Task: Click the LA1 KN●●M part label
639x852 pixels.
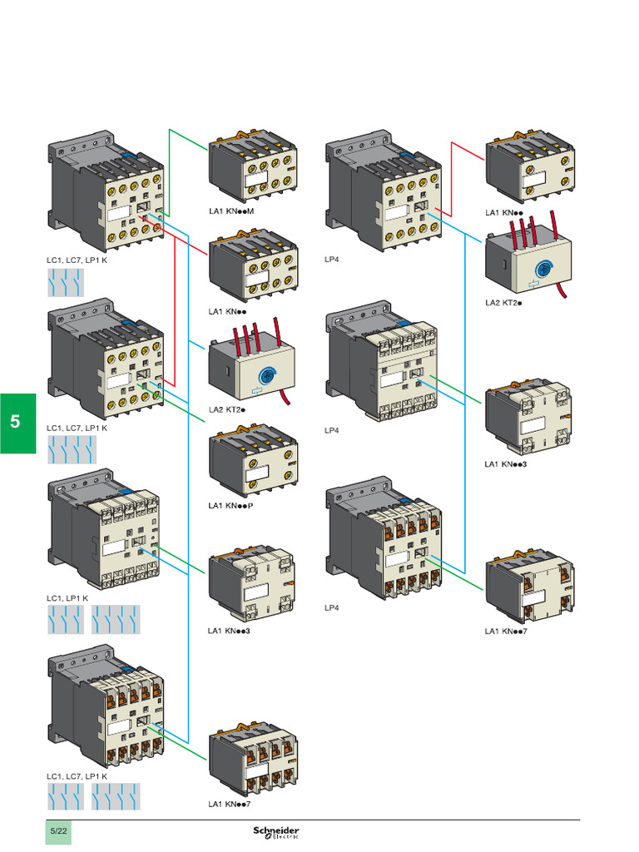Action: click(x=230, y=211)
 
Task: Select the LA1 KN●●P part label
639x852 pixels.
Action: click(x=230, y=505)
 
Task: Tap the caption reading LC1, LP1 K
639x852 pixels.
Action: click(x=67, y=598)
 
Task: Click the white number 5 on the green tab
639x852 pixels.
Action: click(x=16, y=422)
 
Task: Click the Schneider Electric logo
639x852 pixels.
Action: click(x=276, y=832)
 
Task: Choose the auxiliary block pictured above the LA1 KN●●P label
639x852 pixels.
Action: click(x=253, y=461)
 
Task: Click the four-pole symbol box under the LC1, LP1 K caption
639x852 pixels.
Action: click(x=116, y=618)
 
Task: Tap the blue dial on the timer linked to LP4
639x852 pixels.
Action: click(x=542, y=268)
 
